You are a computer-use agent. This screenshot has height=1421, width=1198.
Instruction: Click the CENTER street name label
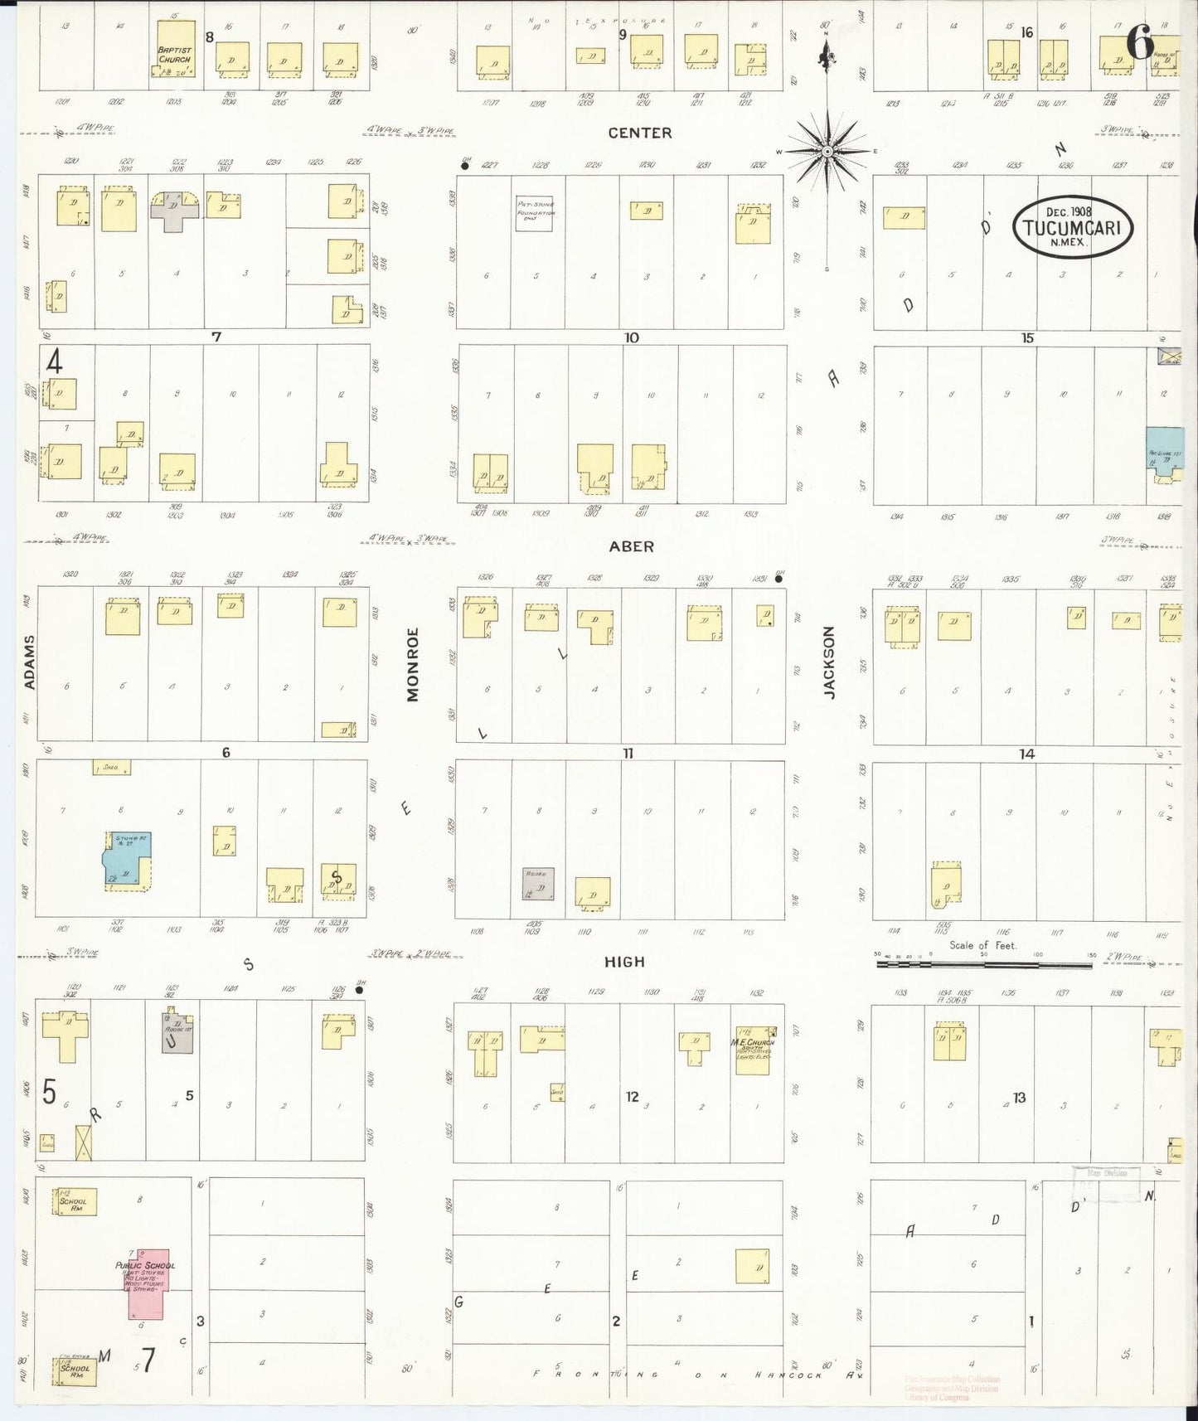pyautogui.click(x=639, y=133)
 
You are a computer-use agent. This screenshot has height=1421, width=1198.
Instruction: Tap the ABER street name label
pyautogui.click(x=632, y=546)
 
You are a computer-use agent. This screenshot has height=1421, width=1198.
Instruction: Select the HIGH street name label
pyautogui.click(x=624, y=962)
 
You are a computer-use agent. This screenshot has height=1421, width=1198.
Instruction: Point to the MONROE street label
pyautogui.click(x=413, y=665)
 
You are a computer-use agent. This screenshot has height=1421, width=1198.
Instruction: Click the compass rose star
pyautogui.click(x=827, y=152)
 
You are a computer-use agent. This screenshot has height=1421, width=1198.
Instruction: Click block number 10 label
pyautogui.click(x=632, y=337)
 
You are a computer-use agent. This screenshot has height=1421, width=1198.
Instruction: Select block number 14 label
pyautogui.click(x=1027, y=754)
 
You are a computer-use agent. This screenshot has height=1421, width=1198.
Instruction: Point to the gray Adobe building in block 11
pyautogui.click(x=538, y=884)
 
